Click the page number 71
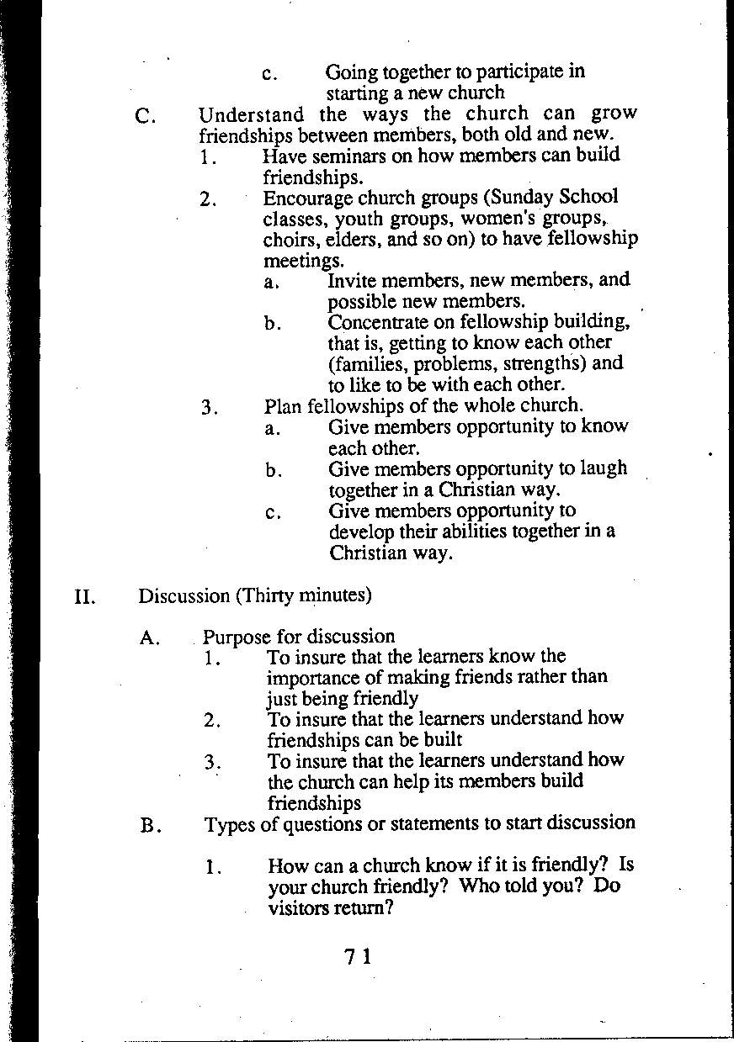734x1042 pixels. [358, 956]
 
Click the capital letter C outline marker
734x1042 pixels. [144, 116]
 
